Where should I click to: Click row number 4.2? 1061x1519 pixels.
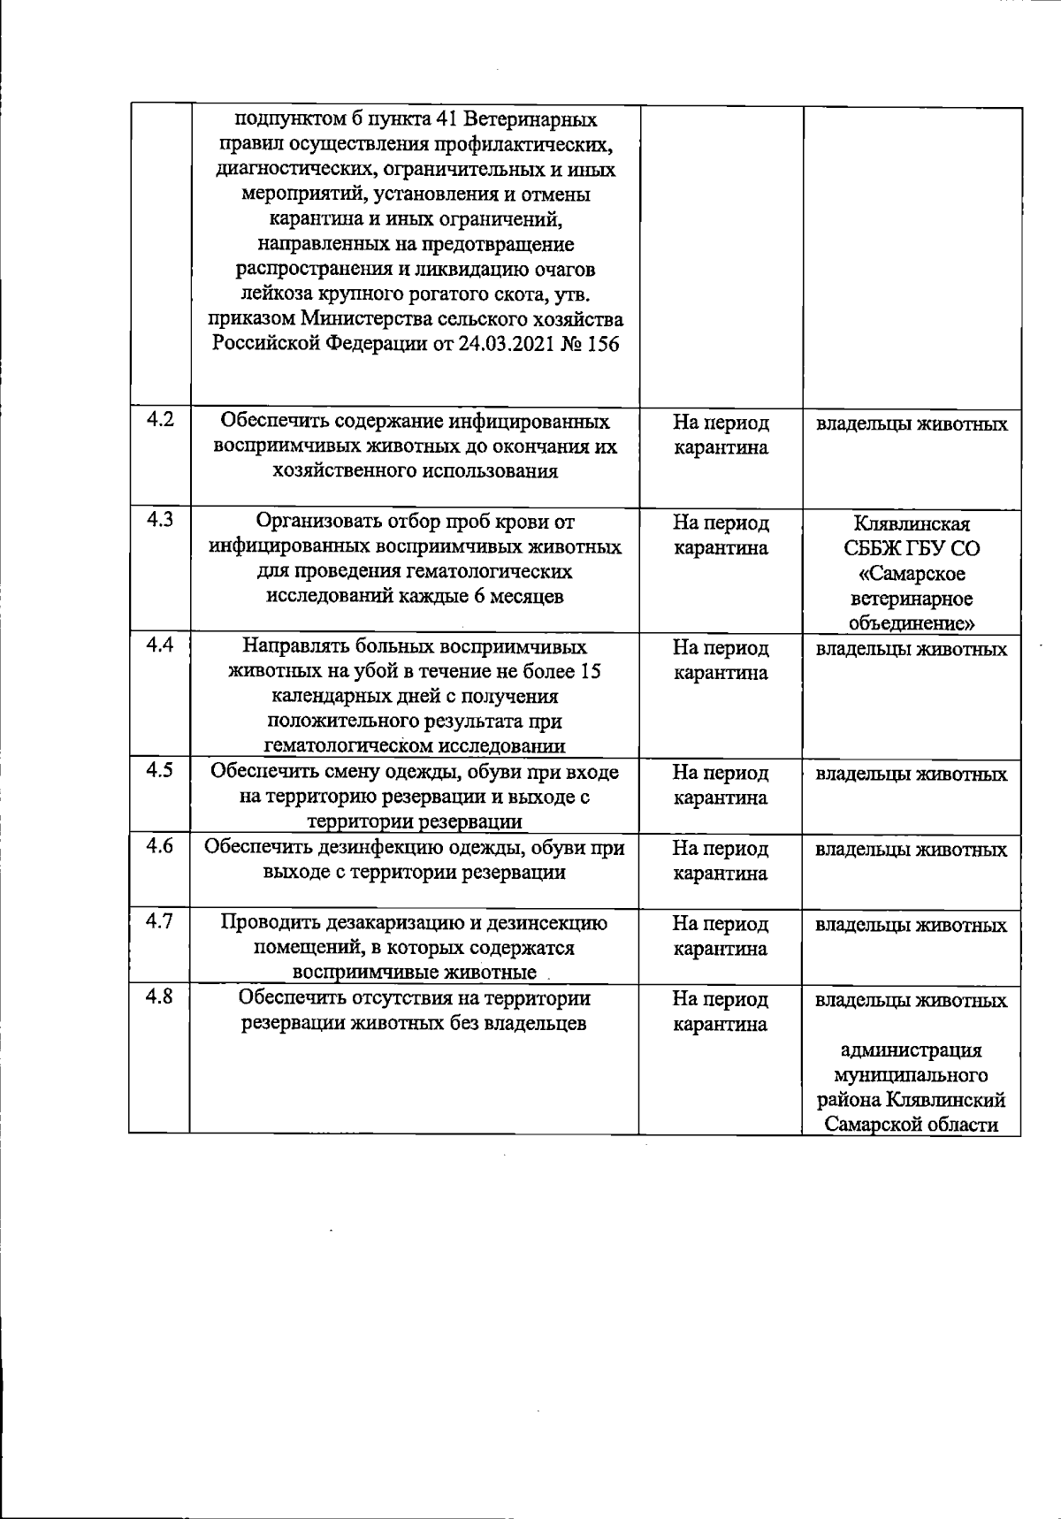[x=160, y=420]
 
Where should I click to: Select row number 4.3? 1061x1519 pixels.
[x=160, y=520]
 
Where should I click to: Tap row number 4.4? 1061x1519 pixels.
[x=160, y=645]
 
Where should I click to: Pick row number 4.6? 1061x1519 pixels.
[x=160, y=846]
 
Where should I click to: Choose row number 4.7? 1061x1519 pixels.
[x=160, y=921]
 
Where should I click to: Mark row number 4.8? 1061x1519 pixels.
[x=160, y=997]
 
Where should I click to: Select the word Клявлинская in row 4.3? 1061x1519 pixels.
[x=912, y=523]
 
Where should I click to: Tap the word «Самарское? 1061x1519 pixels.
[x=912, y=574]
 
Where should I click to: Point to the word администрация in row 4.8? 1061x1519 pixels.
[x=912, y=1050]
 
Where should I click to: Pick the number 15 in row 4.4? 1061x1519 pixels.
[x=591, y=672]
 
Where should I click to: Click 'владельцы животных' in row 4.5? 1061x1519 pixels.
[x=912, y=775]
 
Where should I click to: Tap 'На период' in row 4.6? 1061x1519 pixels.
[x=721, y=849]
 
